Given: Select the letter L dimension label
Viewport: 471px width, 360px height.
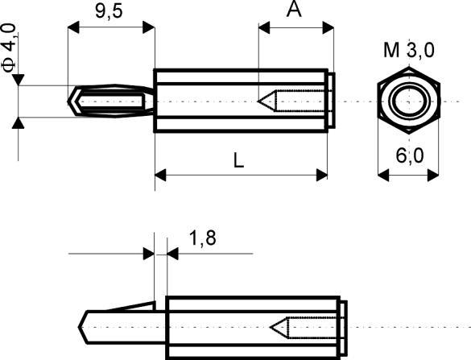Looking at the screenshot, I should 239,159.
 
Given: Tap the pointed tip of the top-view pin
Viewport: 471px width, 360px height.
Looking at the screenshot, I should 70,101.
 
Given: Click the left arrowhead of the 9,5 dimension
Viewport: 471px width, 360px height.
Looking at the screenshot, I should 73,28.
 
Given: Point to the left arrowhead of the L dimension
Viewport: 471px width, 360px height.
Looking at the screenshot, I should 159,174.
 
